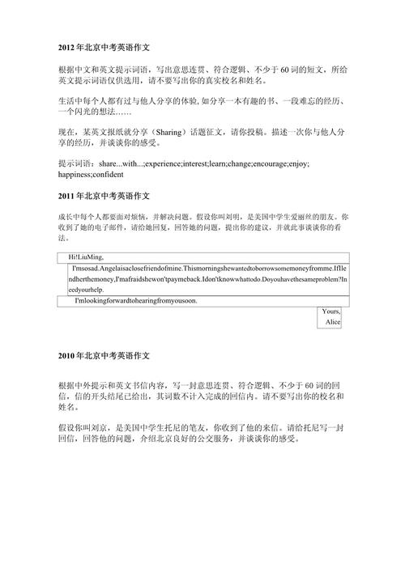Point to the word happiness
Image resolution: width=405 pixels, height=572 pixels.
tap(75, 174)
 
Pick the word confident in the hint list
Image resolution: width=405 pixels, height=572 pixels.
tap(109, 174)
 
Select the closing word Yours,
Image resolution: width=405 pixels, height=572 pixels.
tap(330, 311)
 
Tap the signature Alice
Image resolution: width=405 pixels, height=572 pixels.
tap(333, 323)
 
